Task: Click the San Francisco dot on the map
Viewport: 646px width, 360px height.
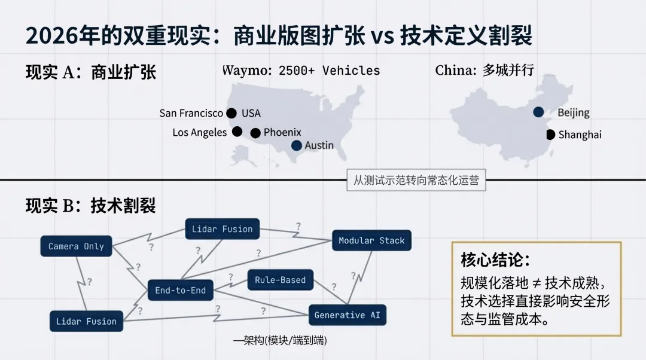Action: pyautogui.click(x=231, y=113)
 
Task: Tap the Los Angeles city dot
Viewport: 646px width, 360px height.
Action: pyautogui.click(x=237, y=132)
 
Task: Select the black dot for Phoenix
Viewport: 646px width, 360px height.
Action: pyautogui.click(x=255, y=133)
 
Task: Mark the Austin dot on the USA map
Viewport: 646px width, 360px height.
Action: pyautogui.click(x=297, y=145)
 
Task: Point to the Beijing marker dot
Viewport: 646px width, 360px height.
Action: pyautogui.click(x=538, y=112)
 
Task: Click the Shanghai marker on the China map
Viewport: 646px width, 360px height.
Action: pyautogui.click(x=550, y=135)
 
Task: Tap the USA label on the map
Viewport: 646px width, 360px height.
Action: pyautogui.click(x=251, y=113)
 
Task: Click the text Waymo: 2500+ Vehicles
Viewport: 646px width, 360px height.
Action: pyautogui.click(x=301, y=71)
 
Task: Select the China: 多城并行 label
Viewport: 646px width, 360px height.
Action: pyautogui.click(x=484, y=71)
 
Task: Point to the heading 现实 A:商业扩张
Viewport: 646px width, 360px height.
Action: pyautogui.click(x=90, y=72)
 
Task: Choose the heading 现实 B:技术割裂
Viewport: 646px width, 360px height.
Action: pyautogui.click(x=90, y=206)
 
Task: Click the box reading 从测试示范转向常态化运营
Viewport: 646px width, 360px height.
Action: pyautogui.click(x=416, y=180)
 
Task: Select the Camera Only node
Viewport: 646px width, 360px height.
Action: pyautogui.click(x=76, y=246)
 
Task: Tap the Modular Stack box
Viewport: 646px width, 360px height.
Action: pyautogui.click(x=371, y=240)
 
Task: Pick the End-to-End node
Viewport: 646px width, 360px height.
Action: pyautogui.click(x=180, y=291)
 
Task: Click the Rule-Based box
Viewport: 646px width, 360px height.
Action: pyautogui.click(x=280, y=280)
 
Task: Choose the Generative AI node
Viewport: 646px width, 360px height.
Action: pyautogui.click(x=347, y=315)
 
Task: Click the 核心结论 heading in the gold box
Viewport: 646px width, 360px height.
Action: pyautogui.click(x=495, y=260)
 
